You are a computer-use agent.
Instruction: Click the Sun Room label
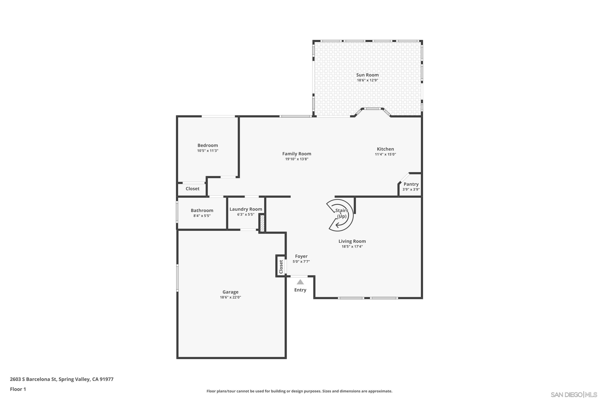367,75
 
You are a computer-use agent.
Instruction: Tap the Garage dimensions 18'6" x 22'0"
230,297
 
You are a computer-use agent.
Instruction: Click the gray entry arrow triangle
300,282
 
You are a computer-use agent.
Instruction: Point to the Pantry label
411,184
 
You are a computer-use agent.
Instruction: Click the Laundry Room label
246,209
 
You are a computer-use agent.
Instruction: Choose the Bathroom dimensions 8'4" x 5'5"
202,216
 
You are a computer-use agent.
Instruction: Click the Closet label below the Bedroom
192,189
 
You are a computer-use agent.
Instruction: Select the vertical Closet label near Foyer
281,267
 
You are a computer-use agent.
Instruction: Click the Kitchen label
385,149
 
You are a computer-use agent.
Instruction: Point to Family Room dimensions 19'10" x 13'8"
297,159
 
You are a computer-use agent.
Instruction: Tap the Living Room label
352,241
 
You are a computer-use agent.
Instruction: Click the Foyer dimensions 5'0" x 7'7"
301,262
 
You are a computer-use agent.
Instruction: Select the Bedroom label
208,145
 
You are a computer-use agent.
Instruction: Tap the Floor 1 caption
18,389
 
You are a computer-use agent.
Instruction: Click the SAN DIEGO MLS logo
574,395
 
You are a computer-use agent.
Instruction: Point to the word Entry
300,290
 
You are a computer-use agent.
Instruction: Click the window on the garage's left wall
177,278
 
